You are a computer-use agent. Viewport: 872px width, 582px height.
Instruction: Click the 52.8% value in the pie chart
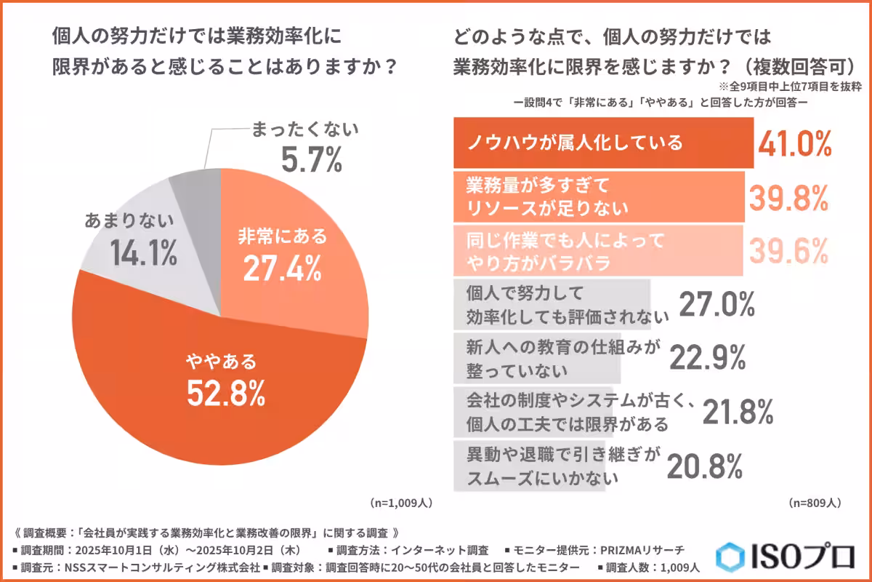(225, 394)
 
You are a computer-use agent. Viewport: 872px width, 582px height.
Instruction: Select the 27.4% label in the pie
(283, 269)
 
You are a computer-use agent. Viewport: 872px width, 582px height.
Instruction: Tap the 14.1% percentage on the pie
(144, 254)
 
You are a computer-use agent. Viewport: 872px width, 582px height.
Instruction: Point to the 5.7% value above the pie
(312, 161)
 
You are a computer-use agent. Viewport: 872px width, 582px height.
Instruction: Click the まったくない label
(304, 131)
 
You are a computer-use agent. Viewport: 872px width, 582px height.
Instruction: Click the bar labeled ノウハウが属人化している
(603, 143)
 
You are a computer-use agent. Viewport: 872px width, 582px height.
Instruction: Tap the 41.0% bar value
(794, 144)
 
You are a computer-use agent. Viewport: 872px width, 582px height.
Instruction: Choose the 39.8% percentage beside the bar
(789, 196)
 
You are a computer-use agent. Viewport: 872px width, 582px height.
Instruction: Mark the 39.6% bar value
(789, 250)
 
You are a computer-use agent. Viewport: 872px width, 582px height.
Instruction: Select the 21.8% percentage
(737, 412)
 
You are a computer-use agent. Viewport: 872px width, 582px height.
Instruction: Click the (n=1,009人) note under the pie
(402, 503)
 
